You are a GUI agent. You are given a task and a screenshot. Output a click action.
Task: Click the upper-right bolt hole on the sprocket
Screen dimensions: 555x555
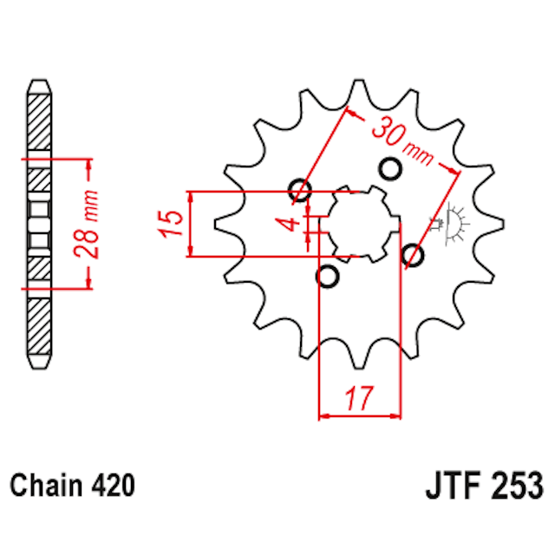coord(389,167)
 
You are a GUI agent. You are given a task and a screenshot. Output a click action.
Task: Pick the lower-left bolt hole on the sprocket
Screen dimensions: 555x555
coord(328,277)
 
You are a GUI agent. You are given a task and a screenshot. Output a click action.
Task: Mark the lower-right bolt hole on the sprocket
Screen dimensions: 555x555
coord(414,255)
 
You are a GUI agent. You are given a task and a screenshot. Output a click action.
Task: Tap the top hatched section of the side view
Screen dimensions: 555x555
coord(39,121)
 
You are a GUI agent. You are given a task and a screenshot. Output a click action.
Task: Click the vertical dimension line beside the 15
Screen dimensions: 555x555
coord(190,224)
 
